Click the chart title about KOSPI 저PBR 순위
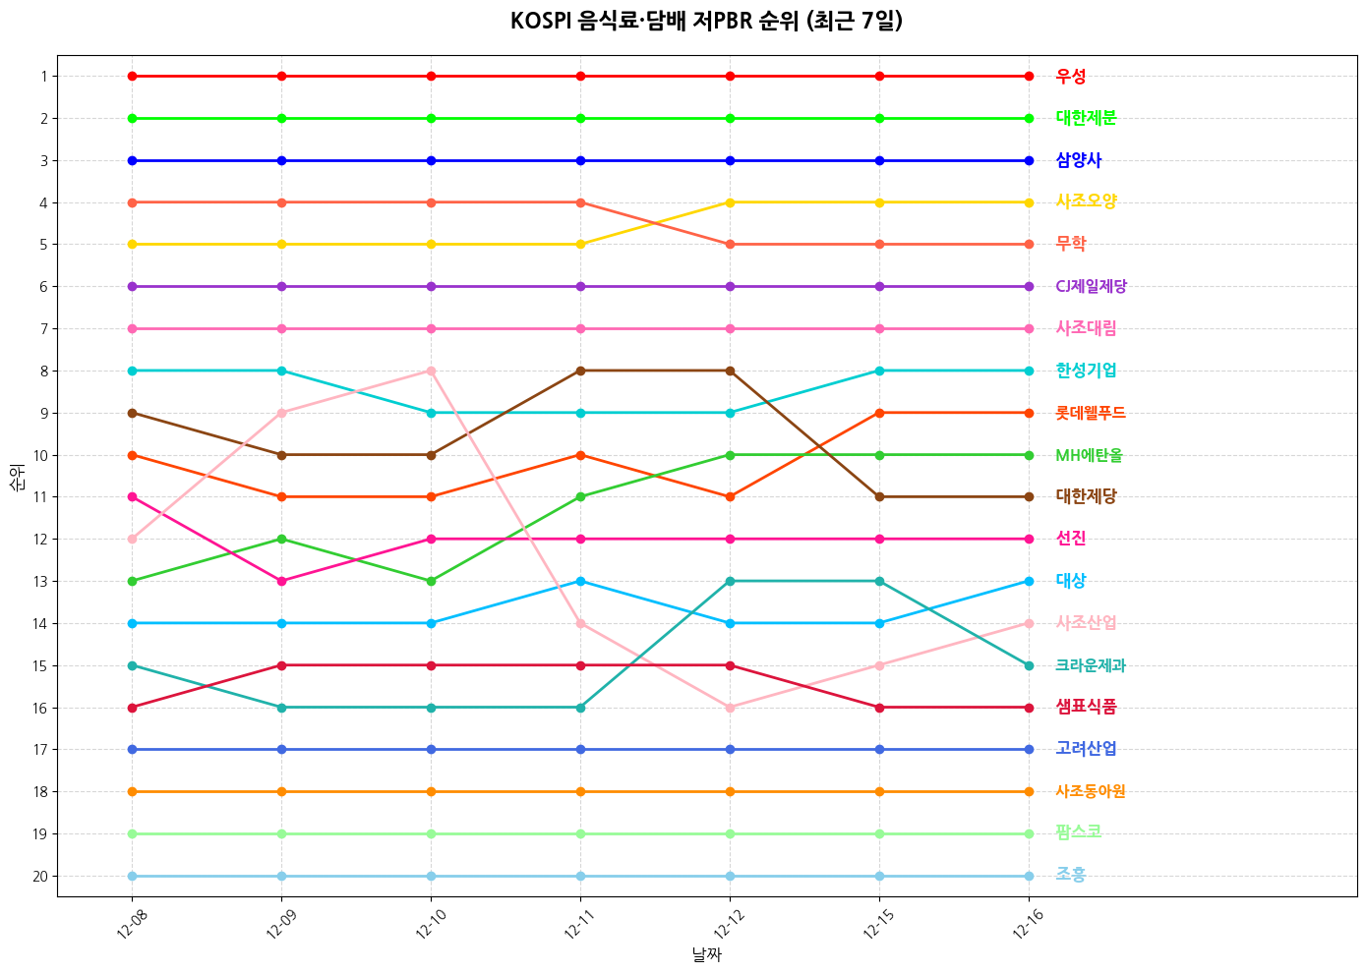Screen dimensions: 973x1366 tap(706, 22)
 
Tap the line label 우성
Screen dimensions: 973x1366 tap(1071, 77)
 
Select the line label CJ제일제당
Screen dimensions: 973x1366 tap(1091, 287)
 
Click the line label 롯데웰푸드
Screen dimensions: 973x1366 tap(1091, 414)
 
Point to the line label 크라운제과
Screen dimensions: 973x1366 tap(1091, 666)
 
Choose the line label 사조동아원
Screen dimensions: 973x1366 tap(1091, 792)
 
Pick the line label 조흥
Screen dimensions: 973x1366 tap(1071, 875)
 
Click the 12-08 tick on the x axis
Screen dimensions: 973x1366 tap(131, 924)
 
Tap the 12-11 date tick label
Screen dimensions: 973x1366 tap(579, 924)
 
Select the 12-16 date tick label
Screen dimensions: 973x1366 tap(1028, 924)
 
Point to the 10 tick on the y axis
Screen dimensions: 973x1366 tap(40, 456)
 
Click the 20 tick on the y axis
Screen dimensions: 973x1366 tap(40, 877)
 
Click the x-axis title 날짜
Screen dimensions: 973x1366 tap(706, 954)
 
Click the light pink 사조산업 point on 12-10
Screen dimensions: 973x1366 tap(431, 371)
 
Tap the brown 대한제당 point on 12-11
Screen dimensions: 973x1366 tap(580, 371)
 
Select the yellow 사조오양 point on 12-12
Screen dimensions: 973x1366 tap(730, 202)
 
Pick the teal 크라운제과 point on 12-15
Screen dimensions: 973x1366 tap(879, 581)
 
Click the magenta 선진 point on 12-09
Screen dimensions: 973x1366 tap(281, 581)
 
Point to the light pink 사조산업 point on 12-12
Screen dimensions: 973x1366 tap(730, 708)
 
